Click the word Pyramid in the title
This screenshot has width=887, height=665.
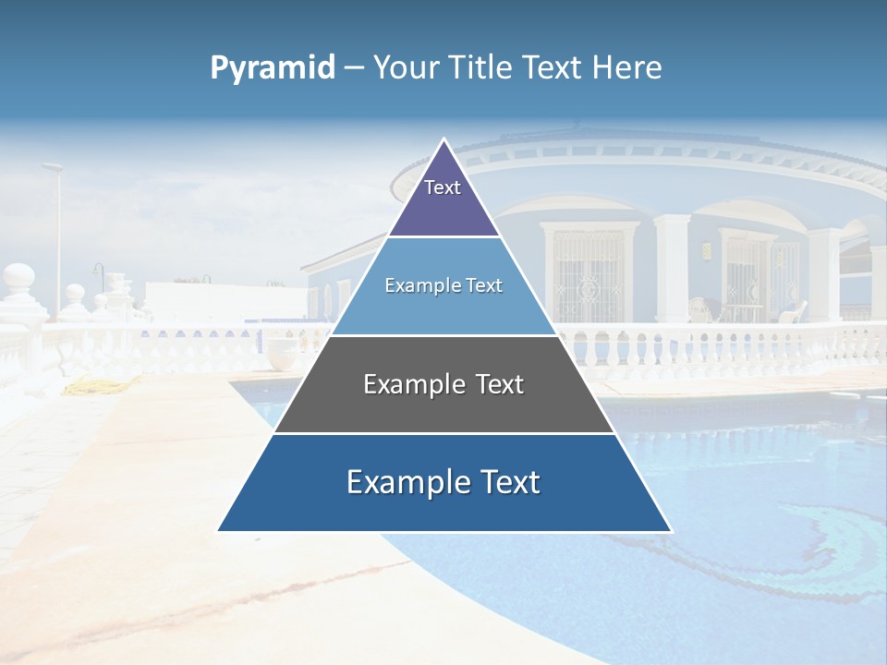pyautogui.click(x=273, y=68)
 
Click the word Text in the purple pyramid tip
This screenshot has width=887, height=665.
pyautogui.click(x=442, y=187)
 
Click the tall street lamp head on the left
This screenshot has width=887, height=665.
pyautogui.click(x=53, y=167)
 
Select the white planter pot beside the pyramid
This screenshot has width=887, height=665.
pyautogui.click(x=283, y=351)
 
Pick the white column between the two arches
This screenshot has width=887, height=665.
pyautogui.click(x=672, y=268)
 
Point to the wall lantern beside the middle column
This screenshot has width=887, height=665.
pyautogui.click(x=707, y=250)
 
